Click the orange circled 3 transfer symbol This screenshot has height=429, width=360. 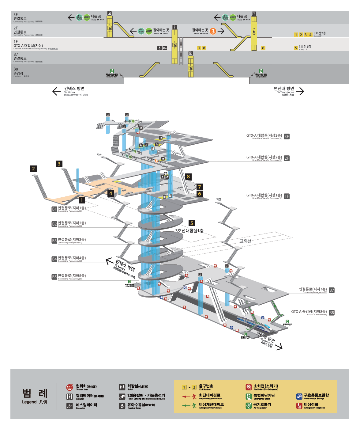click(213, 31)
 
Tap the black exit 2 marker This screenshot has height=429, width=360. click(33, 169)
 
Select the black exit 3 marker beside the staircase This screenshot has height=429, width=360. click(59, 164)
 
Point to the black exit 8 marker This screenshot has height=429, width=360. click(188, 177)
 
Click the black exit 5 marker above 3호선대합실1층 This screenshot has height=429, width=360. click(192, 223)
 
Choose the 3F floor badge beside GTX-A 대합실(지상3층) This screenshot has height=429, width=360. click(287, 137)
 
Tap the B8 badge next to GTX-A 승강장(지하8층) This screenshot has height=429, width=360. click(332, 313)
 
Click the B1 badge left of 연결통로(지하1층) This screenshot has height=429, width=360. click(54, 209)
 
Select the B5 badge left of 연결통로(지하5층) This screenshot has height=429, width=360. click(54, 277)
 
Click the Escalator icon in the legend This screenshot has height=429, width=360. click(70, 406)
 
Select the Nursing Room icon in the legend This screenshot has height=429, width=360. click(122, 406)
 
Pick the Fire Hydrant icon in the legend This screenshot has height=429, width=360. click(249, 387)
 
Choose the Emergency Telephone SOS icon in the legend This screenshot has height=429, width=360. click(299, 406)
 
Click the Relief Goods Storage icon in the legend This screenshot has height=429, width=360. click(299, 397)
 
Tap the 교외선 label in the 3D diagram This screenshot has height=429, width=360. click(246, 241)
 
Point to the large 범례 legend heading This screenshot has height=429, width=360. click(35, 393)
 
